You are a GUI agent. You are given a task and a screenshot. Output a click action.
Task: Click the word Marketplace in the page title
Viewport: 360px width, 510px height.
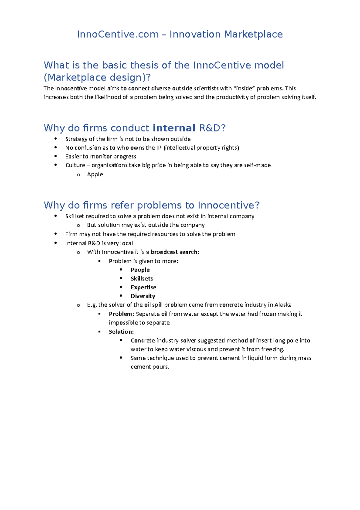click(x=253, y=34)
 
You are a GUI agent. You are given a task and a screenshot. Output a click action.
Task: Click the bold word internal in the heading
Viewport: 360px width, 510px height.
click(x=174, y=128)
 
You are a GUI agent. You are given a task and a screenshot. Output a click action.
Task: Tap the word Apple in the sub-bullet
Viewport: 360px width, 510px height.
click(x=95, y=174)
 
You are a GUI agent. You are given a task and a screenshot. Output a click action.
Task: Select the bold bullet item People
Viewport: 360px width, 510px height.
click(x=140, y=270)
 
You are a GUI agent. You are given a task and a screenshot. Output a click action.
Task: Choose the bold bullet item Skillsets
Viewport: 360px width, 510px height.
click(x=142, y=278)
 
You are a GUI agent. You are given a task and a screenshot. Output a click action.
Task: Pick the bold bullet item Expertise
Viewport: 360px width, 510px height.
click(x=143, y=287)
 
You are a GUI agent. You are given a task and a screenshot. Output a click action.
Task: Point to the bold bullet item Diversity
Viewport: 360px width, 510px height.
click(x=143, y=296)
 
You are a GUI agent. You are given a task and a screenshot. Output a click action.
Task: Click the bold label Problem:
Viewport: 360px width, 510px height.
click(x=121, y=314)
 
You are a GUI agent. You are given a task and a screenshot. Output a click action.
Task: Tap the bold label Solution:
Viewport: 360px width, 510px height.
click(x=121, y=332)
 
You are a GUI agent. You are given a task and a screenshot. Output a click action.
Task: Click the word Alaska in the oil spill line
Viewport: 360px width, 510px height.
click(x=283, y=305)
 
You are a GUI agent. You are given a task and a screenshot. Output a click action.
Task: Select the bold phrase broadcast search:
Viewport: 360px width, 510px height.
click(x=175, y=252)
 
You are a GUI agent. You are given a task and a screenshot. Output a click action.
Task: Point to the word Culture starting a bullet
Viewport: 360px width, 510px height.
click(x=75, y=165)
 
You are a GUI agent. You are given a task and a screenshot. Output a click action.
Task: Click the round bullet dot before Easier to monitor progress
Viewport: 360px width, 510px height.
click(x=55, y=156)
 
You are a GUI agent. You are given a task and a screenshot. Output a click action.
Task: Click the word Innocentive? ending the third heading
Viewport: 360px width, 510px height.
click(x=229, y=205)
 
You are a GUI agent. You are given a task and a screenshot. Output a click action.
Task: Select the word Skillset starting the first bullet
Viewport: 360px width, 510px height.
click(x=74, y=216)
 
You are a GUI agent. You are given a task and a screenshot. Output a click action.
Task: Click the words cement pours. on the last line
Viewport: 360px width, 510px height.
click(x=150, y=367)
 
